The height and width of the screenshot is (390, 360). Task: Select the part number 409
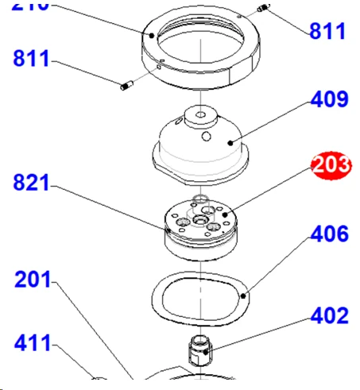click(x=329, y=100)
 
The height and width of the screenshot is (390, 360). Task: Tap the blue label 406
click(x=329, y=234)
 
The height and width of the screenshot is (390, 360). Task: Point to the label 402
click(x=329, y=316)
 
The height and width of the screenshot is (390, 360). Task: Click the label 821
click(x=31, y=183)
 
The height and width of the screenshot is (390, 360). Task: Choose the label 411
click(x=33, y=344)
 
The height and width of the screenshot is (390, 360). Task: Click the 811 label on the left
click(x=31, y=59)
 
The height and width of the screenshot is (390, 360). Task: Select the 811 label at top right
click(x=327, y=32)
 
